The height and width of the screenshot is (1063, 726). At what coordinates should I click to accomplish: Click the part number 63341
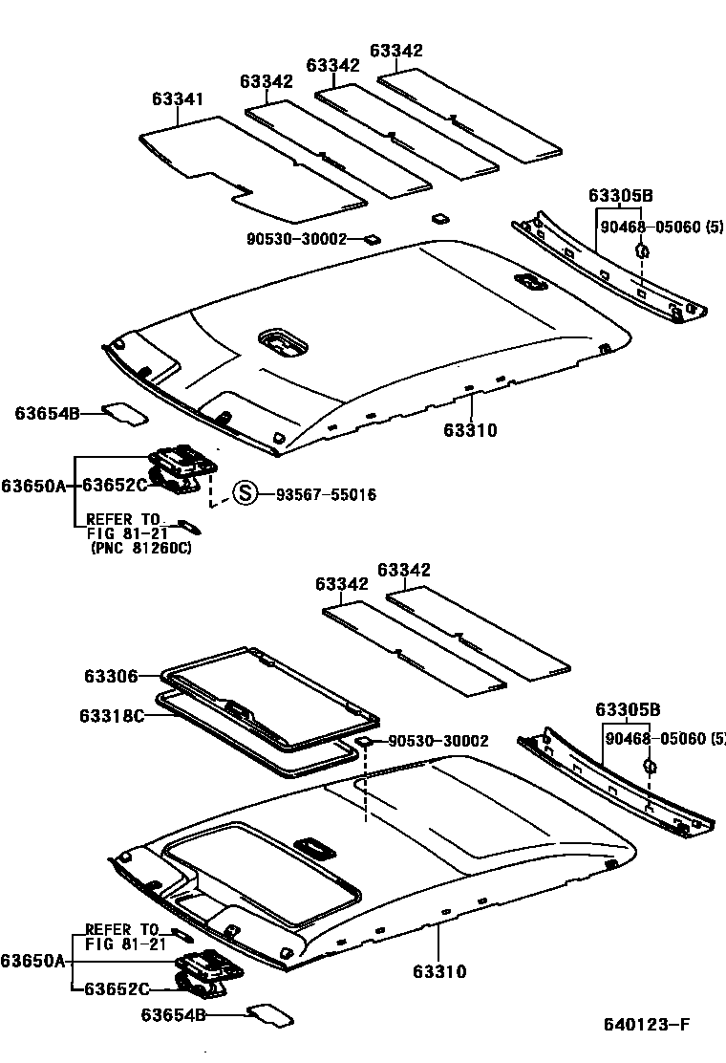point(177,99)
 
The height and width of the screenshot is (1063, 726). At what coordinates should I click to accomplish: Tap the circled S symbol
point(246,494)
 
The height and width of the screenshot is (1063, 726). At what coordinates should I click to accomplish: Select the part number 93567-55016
point(326,495)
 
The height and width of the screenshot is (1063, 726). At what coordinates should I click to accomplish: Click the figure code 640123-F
point(646,1026)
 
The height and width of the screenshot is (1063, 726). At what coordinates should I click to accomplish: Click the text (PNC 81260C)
point(139,550)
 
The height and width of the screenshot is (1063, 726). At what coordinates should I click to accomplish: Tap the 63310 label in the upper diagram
point(470,431)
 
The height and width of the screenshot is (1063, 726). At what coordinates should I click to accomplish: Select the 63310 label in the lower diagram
point(439,972)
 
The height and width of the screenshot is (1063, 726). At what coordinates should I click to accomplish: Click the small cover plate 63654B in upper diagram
point(125,412)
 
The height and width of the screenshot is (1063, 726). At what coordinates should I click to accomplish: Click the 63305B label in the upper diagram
point(620,196)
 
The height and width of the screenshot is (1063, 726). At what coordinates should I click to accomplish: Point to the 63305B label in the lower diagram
point(627,709)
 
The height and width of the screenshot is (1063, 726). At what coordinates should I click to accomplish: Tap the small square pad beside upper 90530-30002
point(371,239)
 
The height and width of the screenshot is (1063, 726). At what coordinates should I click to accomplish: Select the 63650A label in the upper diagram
point(33,486)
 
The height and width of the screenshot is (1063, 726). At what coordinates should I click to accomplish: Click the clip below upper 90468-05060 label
point(642,251)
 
